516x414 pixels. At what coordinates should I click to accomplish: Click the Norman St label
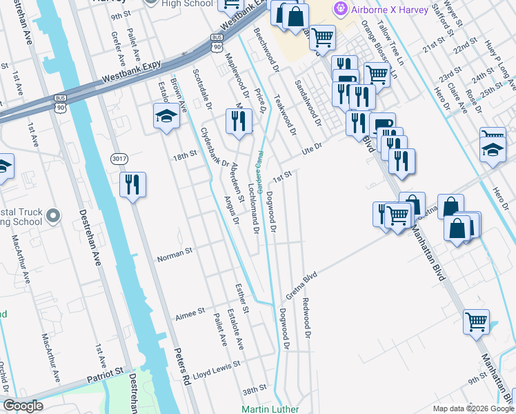175,256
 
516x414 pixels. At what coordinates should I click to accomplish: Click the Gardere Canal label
261,172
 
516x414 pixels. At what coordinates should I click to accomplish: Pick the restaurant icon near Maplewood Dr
238,121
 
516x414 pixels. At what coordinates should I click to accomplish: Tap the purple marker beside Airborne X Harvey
339,9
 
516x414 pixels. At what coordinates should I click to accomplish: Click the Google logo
23,406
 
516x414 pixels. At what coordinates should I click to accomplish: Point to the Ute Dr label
312,150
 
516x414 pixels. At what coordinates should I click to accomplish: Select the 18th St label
185,157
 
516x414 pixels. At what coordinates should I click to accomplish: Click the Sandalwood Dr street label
308,102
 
